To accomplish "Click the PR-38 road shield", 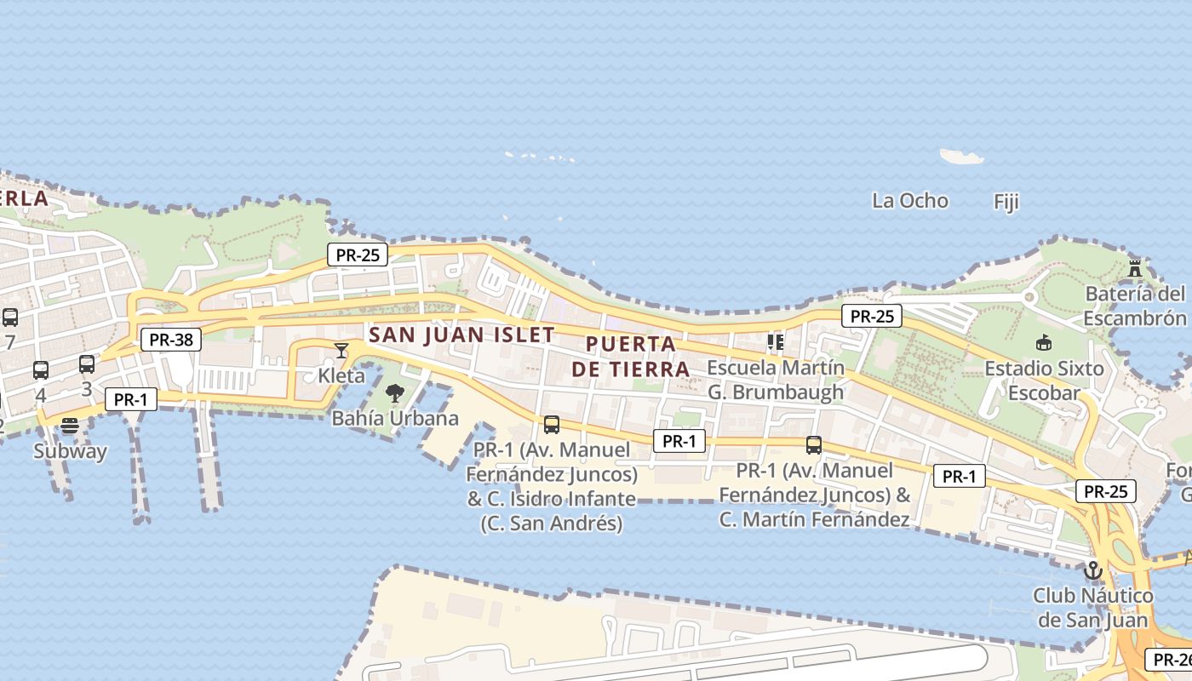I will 171,340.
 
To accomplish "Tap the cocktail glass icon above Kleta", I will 341,350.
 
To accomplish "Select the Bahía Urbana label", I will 394,418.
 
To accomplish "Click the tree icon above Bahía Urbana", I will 394,393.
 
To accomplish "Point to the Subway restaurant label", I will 70,451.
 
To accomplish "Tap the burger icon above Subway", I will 70,426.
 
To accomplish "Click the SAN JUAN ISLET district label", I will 461,335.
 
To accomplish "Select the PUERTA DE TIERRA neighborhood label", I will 630,357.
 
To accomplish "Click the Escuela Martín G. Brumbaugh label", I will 776,380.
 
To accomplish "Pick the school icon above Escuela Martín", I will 775,342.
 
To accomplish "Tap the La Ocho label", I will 909,201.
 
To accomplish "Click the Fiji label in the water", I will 1006,202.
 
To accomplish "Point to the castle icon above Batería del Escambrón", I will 1135,268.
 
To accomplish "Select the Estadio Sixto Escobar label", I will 1044,381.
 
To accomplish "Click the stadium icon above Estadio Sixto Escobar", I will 1044,343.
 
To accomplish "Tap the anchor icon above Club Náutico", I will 1092,570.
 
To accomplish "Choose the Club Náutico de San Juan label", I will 1092,607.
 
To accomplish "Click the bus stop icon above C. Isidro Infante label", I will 552,424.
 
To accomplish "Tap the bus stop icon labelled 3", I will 87,364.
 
